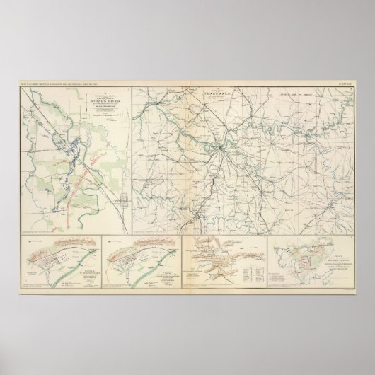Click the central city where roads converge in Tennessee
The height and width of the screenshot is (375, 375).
pyautogui.click(x=221, y=147)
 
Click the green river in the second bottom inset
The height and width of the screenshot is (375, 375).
pyautogui.click(x=132, y=265)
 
